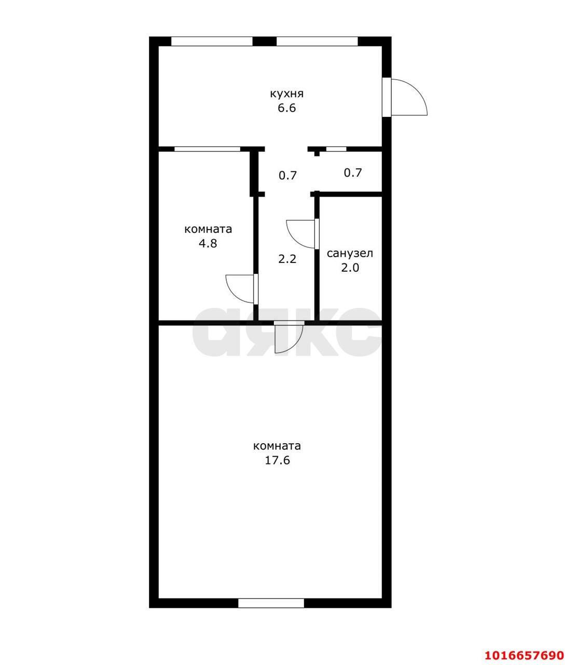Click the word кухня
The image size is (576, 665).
[x=286, y=94]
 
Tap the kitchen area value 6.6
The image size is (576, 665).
[x=287, y=108]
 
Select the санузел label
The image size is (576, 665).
[x=350, y=254]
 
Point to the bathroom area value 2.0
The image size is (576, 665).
[x=350, y=268]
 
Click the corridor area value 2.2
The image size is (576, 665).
[x=287, y=259]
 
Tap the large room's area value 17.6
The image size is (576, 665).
[x=277, y=460]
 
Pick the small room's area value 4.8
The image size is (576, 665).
[x=208, y=244]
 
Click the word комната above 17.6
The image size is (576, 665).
[x=277, y=446]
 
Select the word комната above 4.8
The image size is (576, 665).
[x=208, y=230]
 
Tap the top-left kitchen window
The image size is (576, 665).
[x=212, y=41]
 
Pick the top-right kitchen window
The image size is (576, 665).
[x=317, y=41]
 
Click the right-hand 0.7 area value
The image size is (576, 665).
[x=353, y=173]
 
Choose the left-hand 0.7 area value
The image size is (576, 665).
[x=287, y=175]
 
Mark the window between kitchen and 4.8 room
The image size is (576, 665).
[x=208, y=149]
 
